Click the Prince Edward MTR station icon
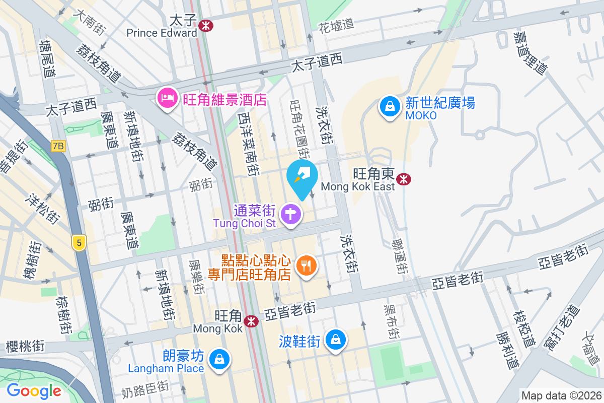pyautogui.click(x=205, y=25)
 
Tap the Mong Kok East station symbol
pyautogui.click(x=402, y=179)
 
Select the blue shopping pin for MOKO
pyautogui.click(x=390, y=107)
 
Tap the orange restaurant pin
pyautogui.click(x=306, y=265)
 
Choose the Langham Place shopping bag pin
pyautogui.click(x=219, y=360)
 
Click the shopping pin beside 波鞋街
pyautogui.click(x=335, y=341)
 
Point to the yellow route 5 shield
pyautogui.click(x=78, y=243)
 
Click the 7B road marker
pyautogui.click(x=58, y=146)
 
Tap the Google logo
pyautogui.click(x=34, y=390)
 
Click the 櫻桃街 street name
pyautogui.click(x=25, y=346)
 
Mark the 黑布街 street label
pyautogui.click(x=391, y=321)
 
